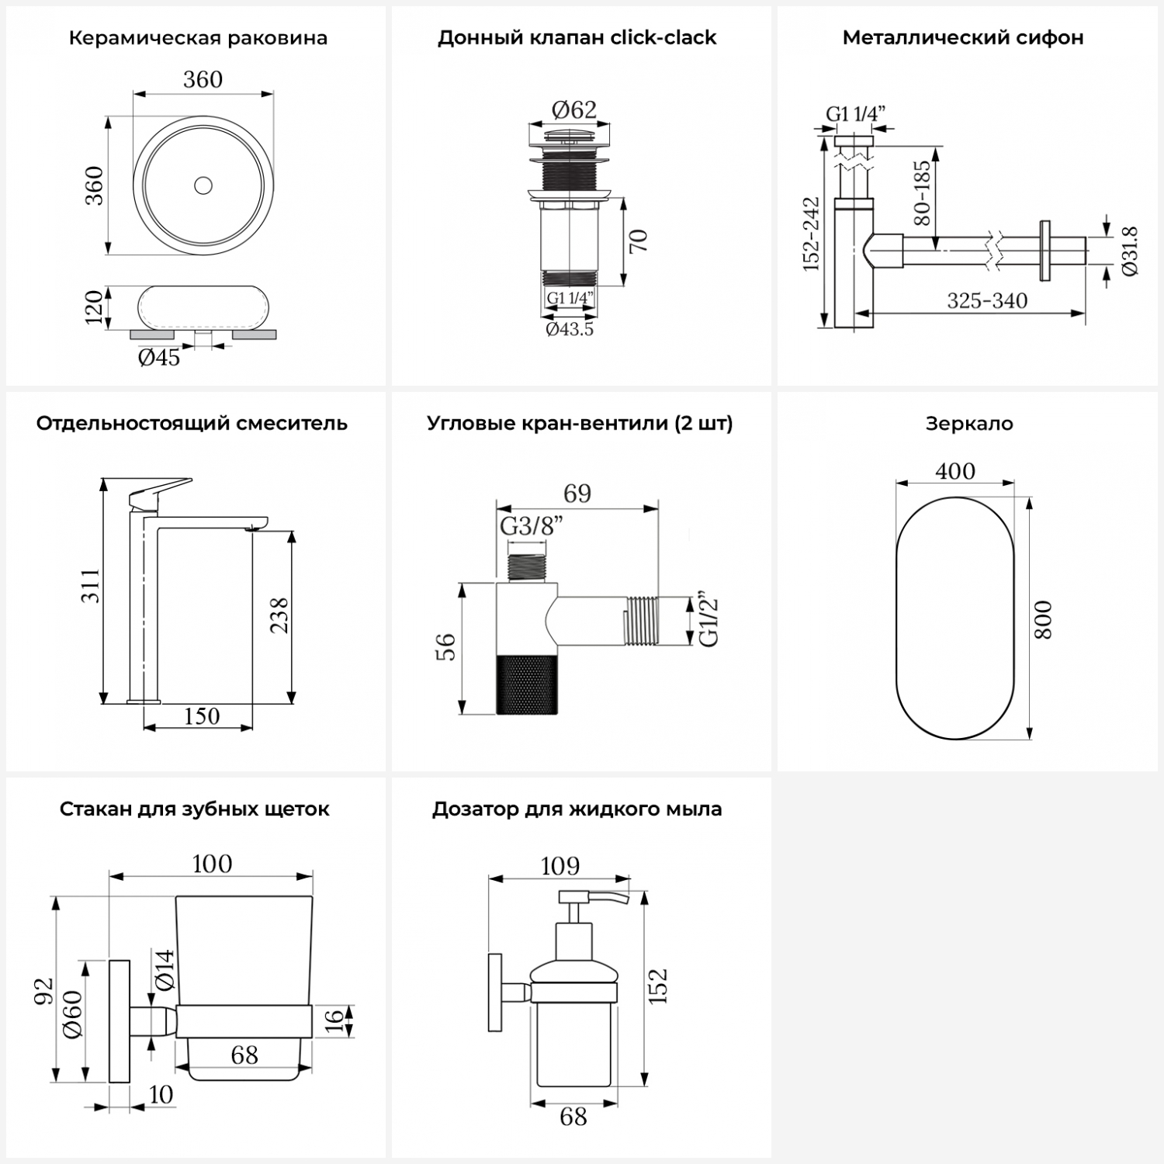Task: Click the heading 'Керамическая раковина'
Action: [198, 38]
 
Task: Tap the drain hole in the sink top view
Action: [203, 185]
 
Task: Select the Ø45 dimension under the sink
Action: [159, 358]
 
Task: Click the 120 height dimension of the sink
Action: [93, 307]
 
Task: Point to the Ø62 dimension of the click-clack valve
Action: [574, 109]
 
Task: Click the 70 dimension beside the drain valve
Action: [638, 241]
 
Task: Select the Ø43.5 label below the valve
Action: [570, 329]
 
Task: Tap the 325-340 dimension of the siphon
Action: [987, 300]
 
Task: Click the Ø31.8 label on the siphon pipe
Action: [1130, 251]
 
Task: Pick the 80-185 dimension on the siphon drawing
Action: [922, 192]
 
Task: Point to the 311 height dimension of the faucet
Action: [92, 586]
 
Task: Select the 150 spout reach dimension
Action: [202, 715]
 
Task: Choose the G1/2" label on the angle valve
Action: [709, 621]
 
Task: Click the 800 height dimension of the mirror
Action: [1044, 619]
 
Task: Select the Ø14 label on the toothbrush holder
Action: [164, 970]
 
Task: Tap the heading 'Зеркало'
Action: [969, 424]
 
